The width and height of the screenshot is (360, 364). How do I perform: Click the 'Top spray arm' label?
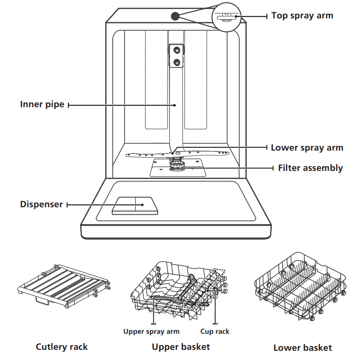tap(302, 16)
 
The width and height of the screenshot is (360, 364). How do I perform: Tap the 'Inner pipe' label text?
tap(42, 104)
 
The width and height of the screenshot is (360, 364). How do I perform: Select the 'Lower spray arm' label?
tap(307, 148)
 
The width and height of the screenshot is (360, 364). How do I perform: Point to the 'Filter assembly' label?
tap(310, 168)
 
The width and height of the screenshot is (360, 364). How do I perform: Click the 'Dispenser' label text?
tap(41, 204)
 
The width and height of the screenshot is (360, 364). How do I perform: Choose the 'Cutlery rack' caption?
tap(62, 347)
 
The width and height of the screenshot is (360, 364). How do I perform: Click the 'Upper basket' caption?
tap(181, 347)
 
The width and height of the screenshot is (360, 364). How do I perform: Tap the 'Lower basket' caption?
tap(302, 348)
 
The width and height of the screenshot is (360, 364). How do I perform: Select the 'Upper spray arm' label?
tap(151, 331)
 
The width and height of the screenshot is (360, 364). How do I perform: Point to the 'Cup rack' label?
tap(215, 331)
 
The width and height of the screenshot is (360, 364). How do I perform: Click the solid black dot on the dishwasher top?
tap(175, 16)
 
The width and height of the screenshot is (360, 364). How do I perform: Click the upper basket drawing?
tap(179, 288)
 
